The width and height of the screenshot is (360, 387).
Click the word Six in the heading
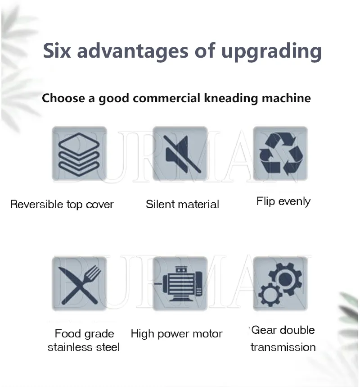pos(57,50)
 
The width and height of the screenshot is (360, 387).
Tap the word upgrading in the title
pos(271,52)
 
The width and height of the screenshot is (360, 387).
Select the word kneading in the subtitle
pos(231,99)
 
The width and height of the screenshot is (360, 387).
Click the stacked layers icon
pos(79,154)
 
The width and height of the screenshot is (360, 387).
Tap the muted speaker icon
pos(182,154)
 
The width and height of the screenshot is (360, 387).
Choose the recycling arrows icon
pos(281,154)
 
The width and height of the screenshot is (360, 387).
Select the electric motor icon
pos(179,284)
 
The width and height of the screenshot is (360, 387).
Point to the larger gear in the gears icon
pos(286,279)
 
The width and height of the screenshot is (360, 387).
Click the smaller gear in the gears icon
pos(270,295)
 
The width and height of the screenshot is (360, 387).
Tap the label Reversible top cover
pos(62,205)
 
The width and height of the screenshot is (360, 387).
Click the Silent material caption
pos(182,205)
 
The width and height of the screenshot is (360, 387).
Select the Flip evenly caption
pos(283,202)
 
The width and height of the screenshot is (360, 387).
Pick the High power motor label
pos(176,334)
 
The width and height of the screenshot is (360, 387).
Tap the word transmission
pos(283,347)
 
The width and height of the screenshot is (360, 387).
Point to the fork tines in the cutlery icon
pos(93,273)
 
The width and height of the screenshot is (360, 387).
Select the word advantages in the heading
pos(133,51)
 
